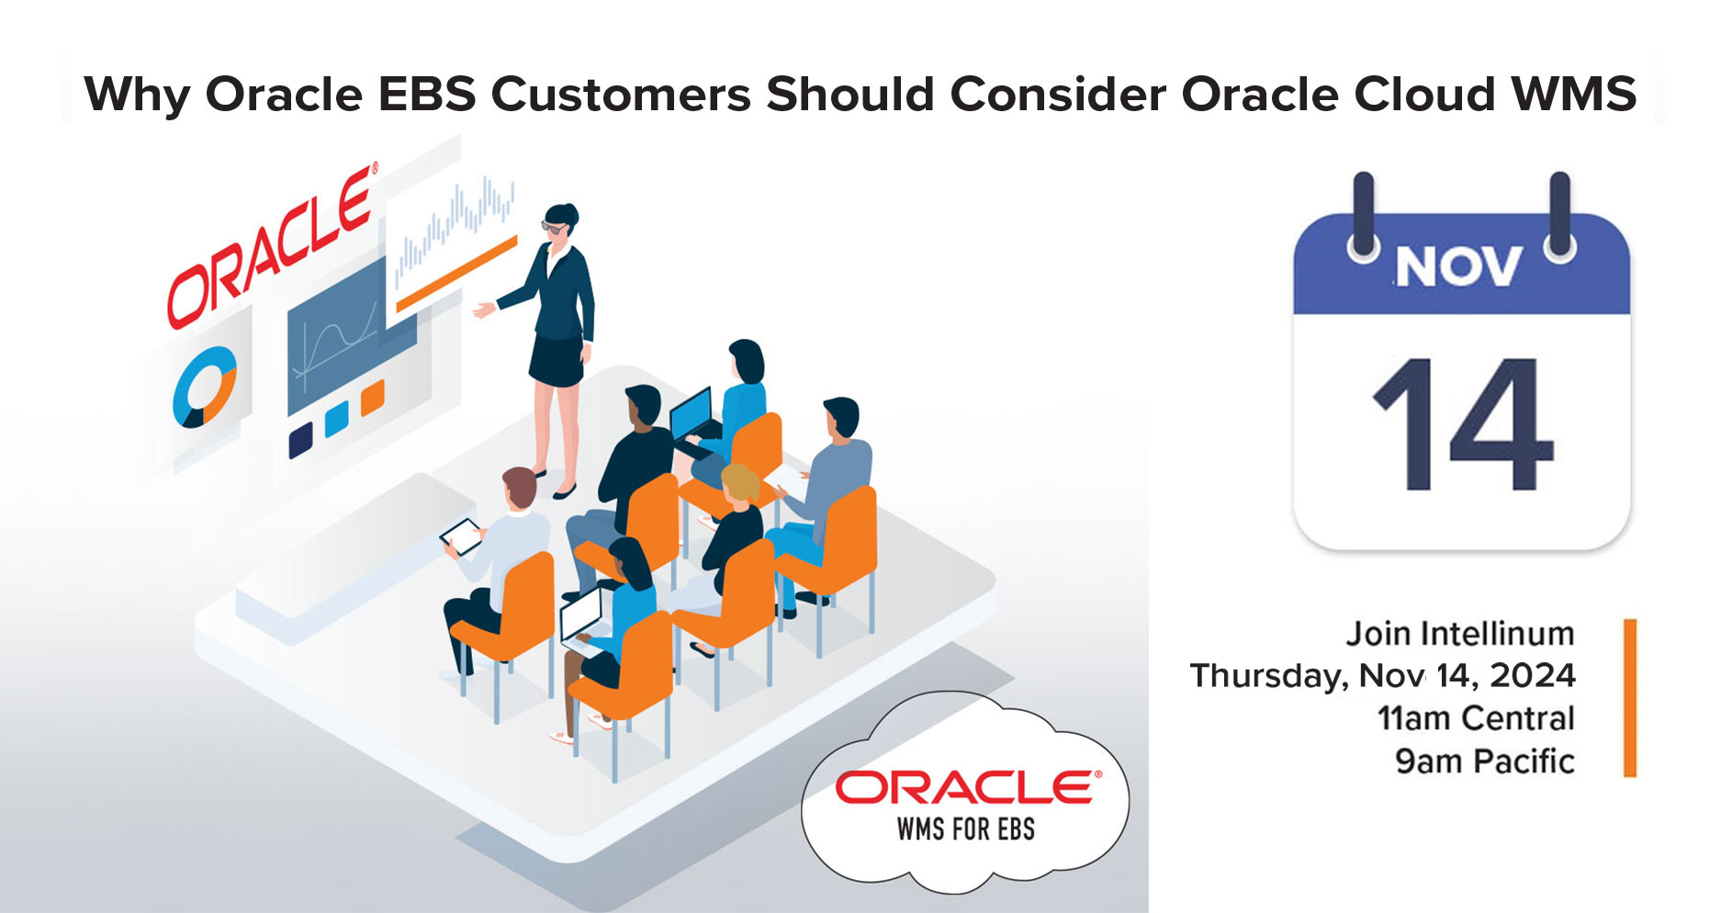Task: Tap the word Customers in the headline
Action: pos(621,94)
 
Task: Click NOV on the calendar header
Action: pos(1457,267)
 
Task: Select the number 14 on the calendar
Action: pos(1461,425)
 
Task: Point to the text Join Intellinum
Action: pos(1459,634)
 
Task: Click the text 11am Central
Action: pos(1475,718)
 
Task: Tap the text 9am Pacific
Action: pos(1484,761)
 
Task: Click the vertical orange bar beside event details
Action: pos(1629,698)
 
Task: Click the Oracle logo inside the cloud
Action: pos(966,787)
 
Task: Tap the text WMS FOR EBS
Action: pos(965,829)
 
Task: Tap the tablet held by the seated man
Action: pos(462,535)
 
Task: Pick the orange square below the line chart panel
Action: pos(372,399)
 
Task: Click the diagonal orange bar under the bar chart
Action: pos(456,274)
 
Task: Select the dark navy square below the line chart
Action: pos(300,440)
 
